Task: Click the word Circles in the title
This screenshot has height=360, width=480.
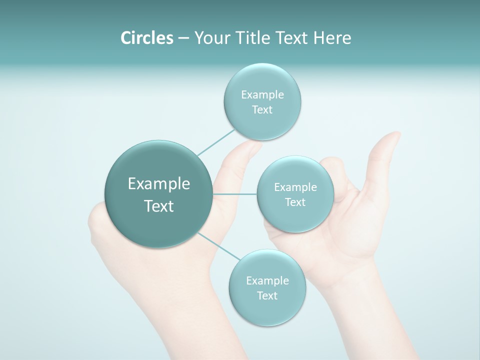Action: pos(146,38)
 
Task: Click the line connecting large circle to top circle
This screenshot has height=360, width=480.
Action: pos(216,142)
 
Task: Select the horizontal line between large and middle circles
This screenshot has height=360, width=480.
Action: pos(235,194)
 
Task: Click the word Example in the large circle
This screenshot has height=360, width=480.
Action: pos(159,184)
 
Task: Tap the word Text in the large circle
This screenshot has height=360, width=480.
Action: pos(159,206)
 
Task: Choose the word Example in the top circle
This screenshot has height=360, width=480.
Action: pos(262,95)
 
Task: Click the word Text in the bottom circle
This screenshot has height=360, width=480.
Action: pos(267,295)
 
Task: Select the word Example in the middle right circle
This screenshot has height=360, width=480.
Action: pos(295,187)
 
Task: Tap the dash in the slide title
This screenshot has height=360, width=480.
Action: pos(183,38)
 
